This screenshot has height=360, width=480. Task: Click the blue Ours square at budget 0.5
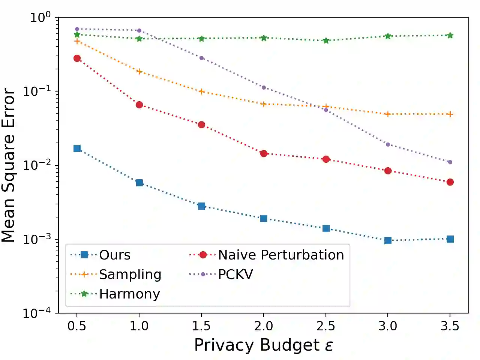pyautogui.click(x=77, y=148)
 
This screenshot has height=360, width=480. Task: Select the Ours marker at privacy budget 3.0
pyautogui.click(x=388, y=240)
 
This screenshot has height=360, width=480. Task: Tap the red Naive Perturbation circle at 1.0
pyautogui.click(x=139, y=105)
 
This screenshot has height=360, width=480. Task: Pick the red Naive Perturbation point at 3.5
pyautogui.click(x=450, y=182)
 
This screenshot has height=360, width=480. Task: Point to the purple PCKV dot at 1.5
pyautogui.click(x=201, y=58)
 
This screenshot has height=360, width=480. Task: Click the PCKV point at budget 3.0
pyautogui.click(x=388, y=144)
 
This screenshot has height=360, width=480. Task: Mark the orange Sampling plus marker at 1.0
pyautogui.click(x=139, y=71)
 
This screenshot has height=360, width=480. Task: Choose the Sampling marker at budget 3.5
pyautogui.click(x=450, y=114)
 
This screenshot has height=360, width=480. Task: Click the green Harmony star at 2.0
pyautogui.click(x=264, y=38)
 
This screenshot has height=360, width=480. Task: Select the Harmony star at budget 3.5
pyautogui.click(x=450, y=35)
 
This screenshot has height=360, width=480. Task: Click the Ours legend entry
pyautogui.click(x=115, y=255)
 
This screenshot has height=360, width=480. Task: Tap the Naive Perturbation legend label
pyautogui.click(x=281, y=255)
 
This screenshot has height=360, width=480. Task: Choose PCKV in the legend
pyautogui.click(x=235, y=274)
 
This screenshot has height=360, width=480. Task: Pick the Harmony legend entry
pyautogui.click(x=129, y=294)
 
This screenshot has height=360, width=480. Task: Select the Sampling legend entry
pyautogui.click(x=130, y=274)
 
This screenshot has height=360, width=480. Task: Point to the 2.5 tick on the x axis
pyautogui.click(x=325, y=326)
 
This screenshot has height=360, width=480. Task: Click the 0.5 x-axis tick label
pyautogui.click(x=77, y=326)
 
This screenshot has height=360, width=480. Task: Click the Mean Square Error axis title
pyautogui.click(x=8, y=165)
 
